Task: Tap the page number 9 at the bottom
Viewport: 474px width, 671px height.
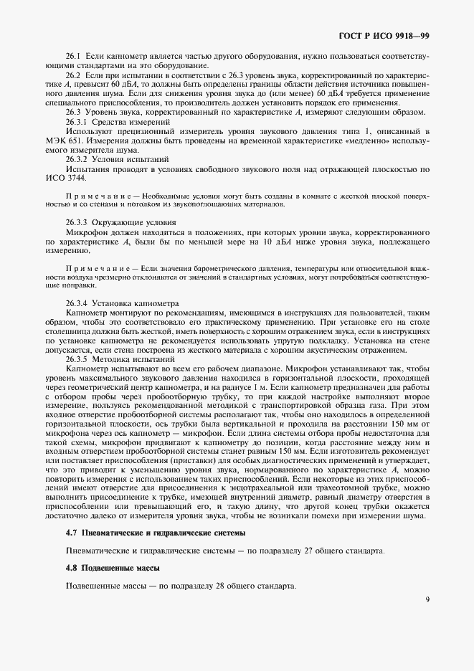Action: click(427, 600)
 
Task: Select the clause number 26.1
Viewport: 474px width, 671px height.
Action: click(74, 56)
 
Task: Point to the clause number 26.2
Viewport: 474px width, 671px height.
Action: click(74, 75)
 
